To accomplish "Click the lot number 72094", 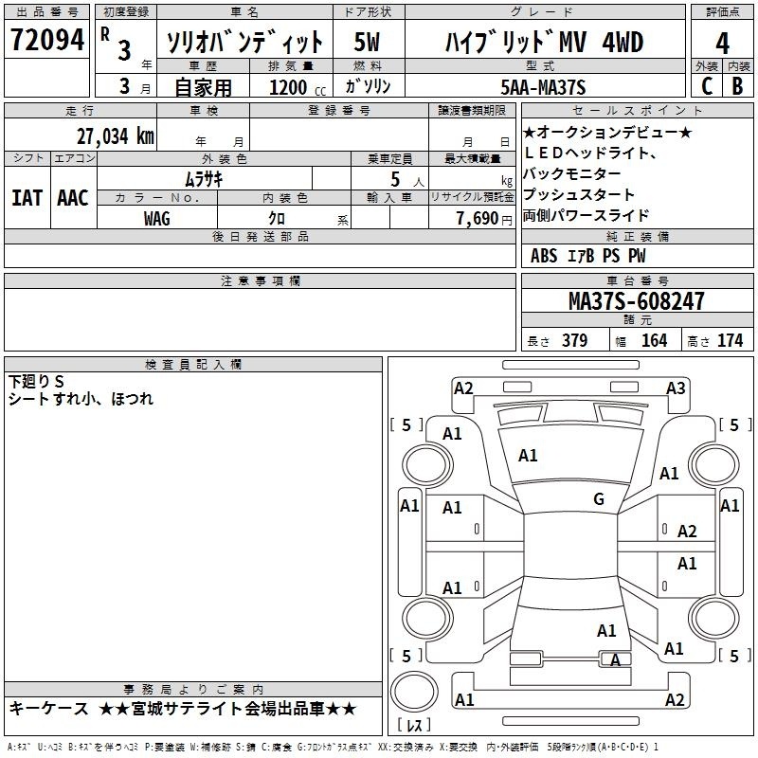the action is click(x=47, y=40).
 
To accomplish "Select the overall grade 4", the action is click(x=722, y=43).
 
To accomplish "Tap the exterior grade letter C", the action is click(x=706, y=86).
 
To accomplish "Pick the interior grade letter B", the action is click(x=737, y=86).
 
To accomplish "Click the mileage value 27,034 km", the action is click(x=115, y=136).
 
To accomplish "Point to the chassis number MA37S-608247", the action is click(x=636, y=300).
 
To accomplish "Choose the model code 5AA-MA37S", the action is click(x=543, y=87).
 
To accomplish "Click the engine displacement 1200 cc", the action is click(x=297, y=87).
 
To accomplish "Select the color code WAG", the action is click(x=156, y=219).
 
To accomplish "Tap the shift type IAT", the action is click(x=27, y=198).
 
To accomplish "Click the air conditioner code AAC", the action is click(x=73, y=198).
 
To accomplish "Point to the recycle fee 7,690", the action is click(x=478, y=219).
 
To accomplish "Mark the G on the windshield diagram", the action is click(x=599, y=499).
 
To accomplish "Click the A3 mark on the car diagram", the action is click(x=676, y=388).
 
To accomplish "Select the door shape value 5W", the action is click(x=367, y=42).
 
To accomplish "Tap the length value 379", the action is click(x=574, y=340).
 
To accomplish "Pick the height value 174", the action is click(x=730, y=340).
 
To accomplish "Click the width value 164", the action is click(x=654, y=340).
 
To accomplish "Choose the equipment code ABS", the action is click(x=544, y=256).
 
